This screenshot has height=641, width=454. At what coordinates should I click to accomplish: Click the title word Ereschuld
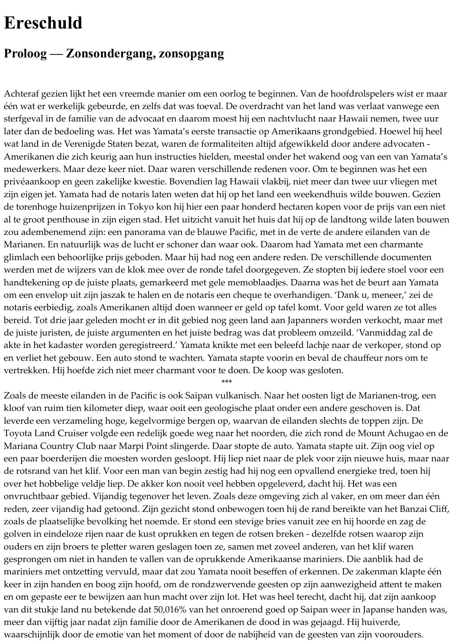43,23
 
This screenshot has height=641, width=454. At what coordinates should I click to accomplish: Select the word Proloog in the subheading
25,53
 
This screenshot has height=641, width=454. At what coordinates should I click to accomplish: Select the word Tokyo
142,207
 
